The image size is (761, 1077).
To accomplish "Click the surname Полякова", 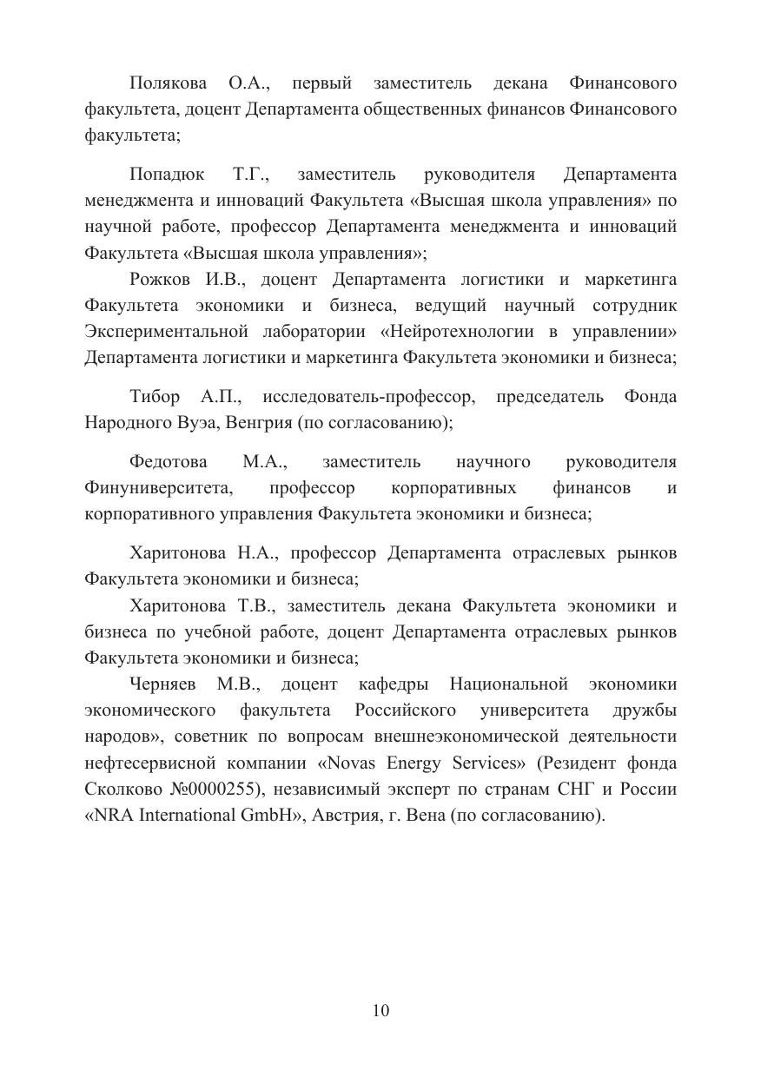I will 168,83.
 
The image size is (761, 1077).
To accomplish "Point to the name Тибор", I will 155,397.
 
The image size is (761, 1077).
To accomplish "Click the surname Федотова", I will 170,462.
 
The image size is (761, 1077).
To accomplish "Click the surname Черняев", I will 166,684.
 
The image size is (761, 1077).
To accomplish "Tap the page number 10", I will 380,1010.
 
